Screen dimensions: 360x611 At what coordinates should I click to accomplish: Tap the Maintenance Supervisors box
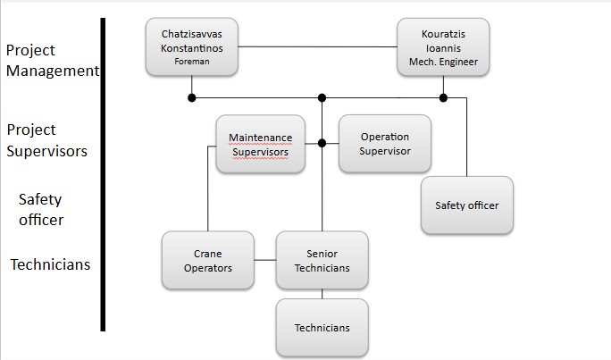tap(261, 144)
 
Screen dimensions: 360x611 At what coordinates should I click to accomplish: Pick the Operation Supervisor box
tap(384, 143)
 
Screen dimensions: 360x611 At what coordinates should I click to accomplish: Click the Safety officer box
tap(466, 205)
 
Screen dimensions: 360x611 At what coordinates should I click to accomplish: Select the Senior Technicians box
tap(322, 260)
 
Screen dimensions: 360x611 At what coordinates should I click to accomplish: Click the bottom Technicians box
tap(322, 327)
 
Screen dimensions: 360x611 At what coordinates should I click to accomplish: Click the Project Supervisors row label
tap(46, 140)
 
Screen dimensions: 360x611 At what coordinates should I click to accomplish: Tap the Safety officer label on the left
tap(40, 209)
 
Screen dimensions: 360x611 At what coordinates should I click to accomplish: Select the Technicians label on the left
tap(50, 264)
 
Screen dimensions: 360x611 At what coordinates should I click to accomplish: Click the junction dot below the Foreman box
tap(192, 96)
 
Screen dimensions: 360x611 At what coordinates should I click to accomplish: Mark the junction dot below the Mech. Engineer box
tap(443, 96)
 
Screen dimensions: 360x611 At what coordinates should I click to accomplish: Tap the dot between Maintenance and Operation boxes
tap(322, 143)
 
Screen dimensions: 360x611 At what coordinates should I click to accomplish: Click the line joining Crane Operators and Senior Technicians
tap(265, 260)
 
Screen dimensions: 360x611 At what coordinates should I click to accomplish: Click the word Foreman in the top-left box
tap(193, 61)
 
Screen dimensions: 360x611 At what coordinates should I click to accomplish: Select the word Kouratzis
tap(443, 33)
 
